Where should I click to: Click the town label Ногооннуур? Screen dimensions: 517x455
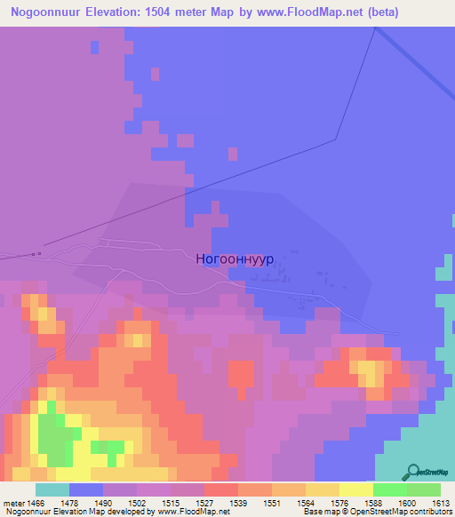pos(234,258)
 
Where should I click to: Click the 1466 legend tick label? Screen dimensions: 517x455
pos(36,503)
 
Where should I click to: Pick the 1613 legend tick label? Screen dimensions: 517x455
pos(442,503)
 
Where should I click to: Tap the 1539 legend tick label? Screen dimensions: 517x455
pos(239,503)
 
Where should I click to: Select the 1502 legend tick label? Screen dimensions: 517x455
pos(137,503)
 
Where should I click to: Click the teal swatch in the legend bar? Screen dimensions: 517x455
pos(52,489)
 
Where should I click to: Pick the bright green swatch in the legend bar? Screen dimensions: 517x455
pos(390,489)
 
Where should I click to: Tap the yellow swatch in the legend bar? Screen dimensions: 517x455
pos(356,489)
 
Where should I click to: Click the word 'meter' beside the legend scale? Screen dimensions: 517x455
pos(13,503)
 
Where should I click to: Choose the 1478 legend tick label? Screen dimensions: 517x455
pos(69,503)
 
